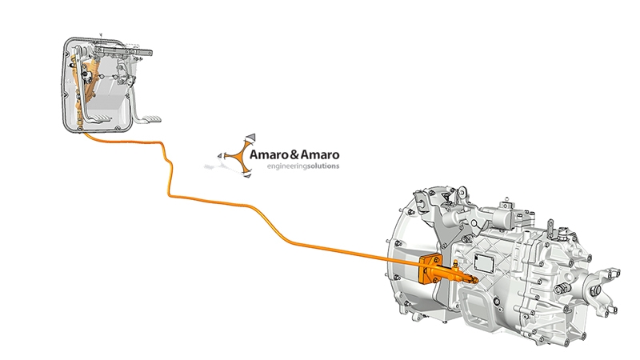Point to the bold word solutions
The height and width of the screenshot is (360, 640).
(x=322, y=166)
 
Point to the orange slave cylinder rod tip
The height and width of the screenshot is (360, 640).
(x=477, y=280)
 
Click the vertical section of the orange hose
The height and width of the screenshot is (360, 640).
(x=169, y=172)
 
